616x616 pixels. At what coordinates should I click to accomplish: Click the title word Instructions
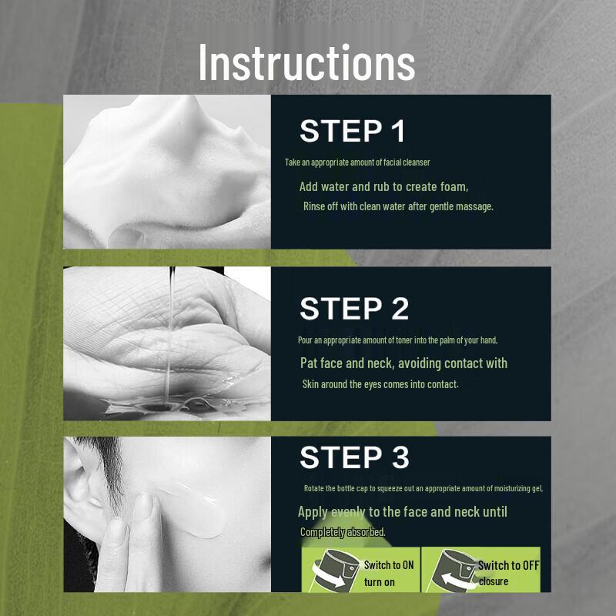pos(306,62)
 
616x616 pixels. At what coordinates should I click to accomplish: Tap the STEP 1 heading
pos(353,131)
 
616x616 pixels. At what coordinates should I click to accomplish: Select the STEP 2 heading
pos(354,308)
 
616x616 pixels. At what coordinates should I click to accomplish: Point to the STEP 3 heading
pos(354,457)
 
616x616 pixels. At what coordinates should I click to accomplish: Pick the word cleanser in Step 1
pos(417,162)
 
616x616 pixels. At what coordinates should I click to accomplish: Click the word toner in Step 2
pos(403,340)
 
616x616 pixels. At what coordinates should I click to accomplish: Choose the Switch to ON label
pos(389,565)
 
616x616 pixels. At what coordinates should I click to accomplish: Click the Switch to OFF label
pos(509,565)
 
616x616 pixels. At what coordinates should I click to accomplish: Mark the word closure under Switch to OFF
pos(494,581)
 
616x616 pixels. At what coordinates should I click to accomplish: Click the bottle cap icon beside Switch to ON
pos(335,570)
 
